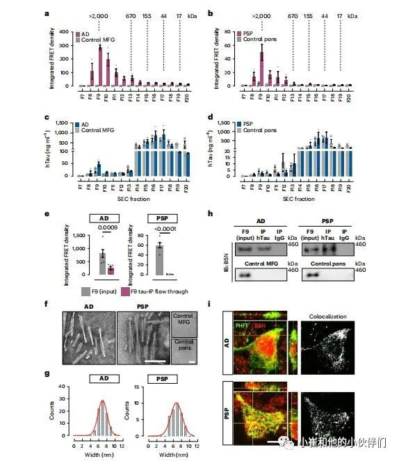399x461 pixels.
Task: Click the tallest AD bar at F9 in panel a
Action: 100,66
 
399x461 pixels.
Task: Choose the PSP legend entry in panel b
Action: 249,33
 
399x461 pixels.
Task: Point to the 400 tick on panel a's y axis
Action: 65,32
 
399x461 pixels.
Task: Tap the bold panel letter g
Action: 47,372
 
